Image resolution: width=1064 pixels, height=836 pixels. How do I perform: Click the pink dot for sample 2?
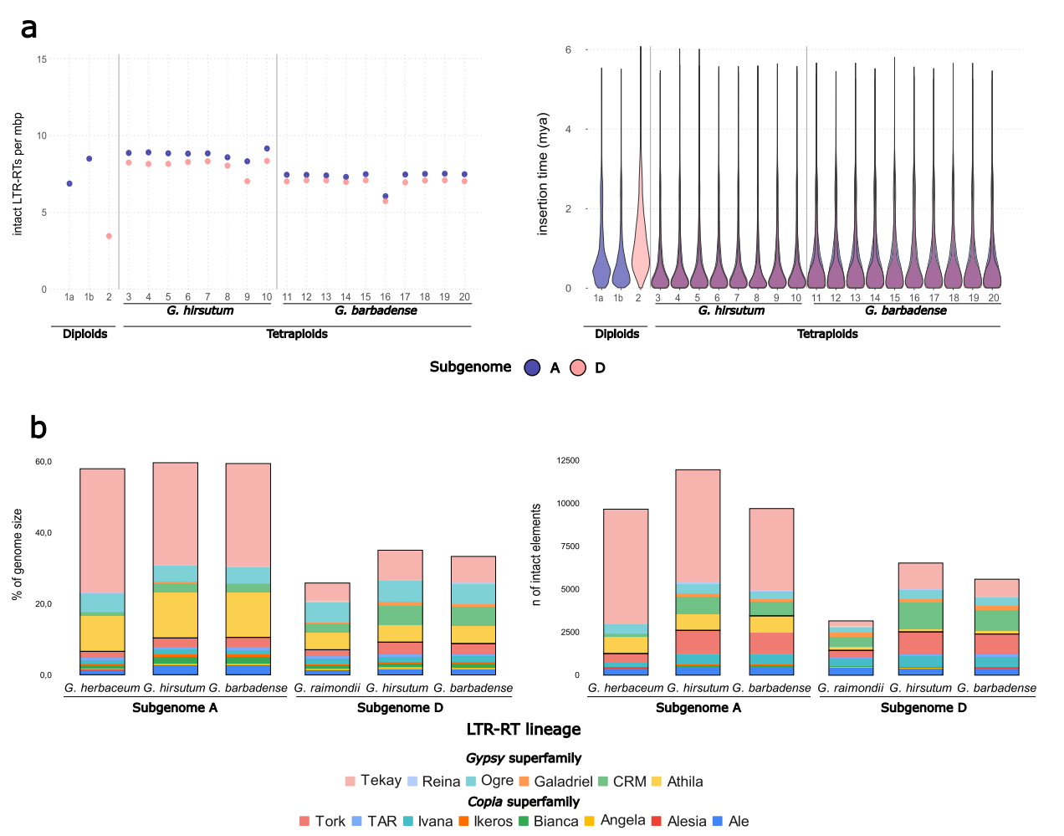[x=109, y=236]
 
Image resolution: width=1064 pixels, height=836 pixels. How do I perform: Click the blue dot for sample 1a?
[x=69, y=183]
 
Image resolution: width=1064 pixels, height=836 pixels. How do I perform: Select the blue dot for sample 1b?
[x=90, y=158]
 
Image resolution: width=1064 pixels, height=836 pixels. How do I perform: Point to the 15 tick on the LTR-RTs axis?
[x=42, y=59]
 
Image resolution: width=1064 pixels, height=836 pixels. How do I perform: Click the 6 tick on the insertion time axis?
[x=569, y=50]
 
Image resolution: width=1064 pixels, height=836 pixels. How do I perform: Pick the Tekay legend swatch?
[x=350, y=781]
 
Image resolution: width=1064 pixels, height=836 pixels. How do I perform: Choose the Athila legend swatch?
[x=657, y=782]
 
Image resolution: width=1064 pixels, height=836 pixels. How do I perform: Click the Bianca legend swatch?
[x=524, y=821]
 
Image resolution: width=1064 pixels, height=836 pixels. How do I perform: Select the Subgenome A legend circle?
[x=532, y=367]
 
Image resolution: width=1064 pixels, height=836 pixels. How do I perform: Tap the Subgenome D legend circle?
[x=577, y=367]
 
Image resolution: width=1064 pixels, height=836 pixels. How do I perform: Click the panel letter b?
[x=38, y=428]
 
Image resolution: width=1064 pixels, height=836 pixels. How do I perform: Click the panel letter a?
[x=29, y=28]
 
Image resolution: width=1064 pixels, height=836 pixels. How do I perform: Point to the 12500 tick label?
[x=568, y=461]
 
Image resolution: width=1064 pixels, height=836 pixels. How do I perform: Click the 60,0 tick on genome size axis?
[x=43, y=462]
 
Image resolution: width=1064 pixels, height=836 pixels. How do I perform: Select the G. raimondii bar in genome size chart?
[x=328, y=628]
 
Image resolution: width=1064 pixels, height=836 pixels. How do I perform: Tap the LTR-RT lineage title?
[x=524, y=729]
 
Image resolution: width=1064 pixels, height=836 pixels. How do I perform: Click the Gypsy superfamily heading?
[x=524, y=758]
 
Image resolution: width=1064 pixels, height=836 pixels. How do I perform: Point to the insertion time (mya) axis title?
[x=543, y=173]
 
